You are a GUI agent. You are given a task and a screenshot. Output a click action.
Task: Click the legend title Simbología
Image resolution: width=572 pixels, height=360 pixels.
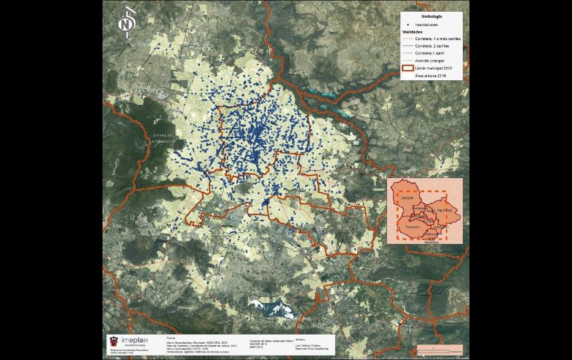click(x=432, y=15)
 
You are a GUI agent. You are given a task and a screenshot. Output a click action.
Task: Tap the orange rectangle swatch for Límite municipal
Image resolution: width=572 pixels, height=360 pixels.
click(x=407, y=68)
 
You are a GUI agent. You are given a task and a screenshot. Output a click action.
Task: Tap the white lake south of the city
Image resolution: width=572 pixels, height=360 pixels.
click(x=270, y=307)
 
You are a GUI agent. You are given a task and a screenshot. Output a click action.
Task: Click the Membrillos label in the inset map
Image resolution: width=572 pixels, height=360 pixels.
click(x=432, y=243)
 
